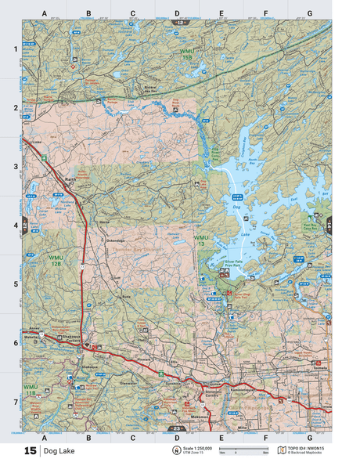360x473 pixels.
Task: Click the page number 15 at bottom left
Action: click(x=30, y=451)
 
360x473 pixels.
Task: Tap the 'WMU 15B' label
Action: click(x=185, y=53)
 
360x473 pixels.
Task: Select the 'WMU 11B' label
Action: click(x=31, y=389)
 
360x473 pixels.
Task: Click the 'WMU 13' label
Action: click(x=203, y=240)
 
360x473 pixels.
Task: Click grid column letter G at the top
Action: click(x=309, y=13)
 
